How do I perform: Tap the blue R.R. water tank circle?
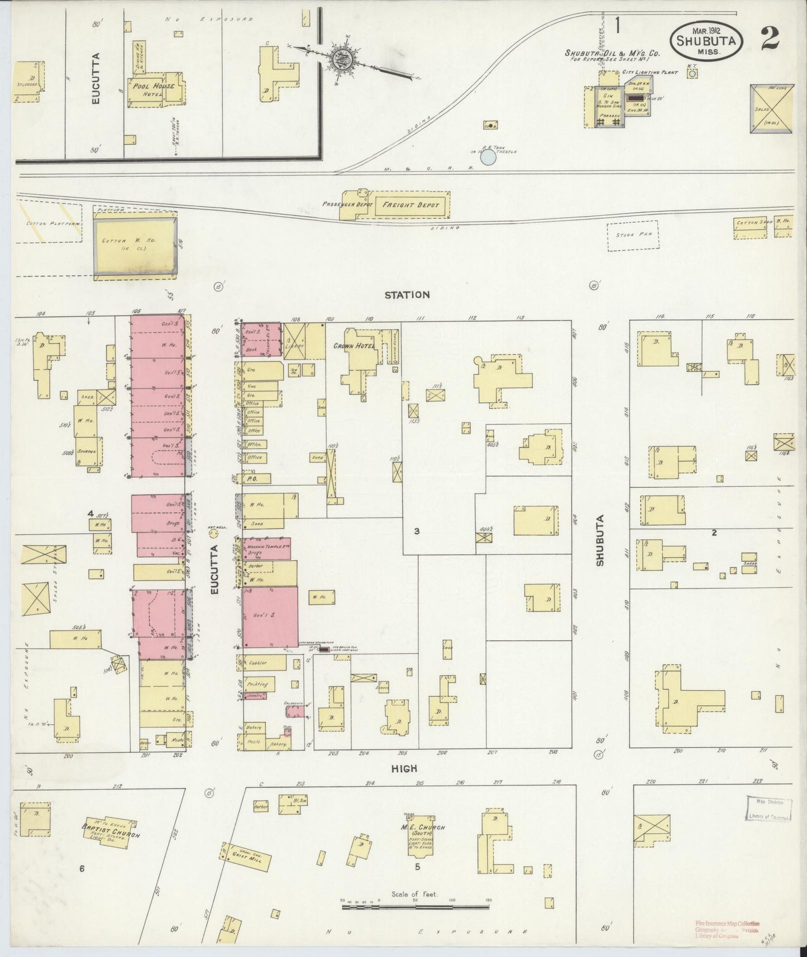click(488, 157)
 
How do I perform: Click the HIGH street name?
click(404, 768)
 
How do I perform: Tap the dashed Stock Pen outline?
click(633, 235)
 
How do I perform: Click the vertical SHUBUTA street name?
click(601, 540)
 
